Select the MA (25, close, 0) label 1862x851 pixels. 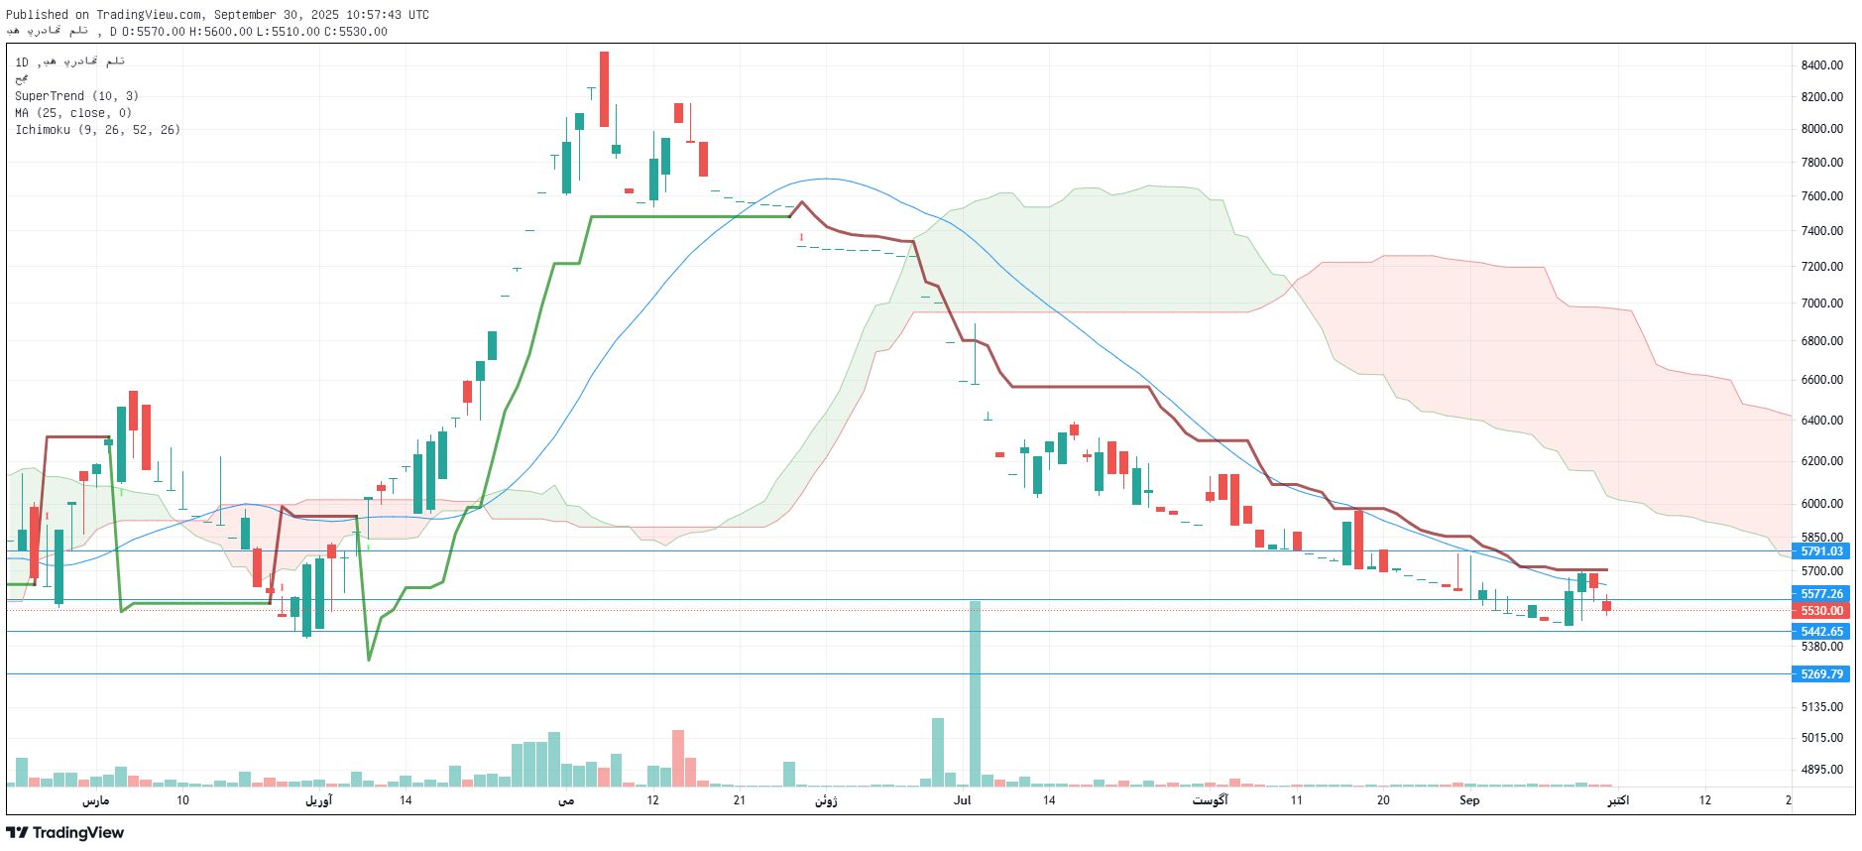click(73, 113)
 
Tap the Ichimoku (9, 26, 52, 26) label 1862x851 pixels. click(97, 130)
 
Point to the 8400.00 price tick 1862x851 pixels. click(1821, 65)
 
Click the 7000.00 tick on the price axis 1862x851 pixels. click(1821, 304)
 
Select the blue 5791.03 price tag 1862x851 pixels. click(1821, 551)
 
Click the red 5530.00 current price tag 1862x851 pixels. click(1821, 611)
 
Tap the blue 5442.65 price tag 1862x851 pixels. click(1821, 632)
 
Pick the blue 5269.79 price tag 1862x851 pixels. click(1821, 674)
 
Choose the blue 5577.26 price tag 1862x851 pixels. click(1821, 594)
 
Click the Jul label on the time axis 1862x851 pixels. click(962, 800)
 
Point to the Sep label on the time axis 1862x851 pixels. click(1468, 800)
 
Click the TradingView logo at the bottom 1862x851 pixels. click(65, 833)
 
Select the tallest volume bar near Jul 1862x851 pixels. click(975, 694)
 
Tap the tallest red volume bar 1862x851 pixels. click(678, 759)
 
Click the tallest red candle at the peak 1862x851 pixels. click(604, 89)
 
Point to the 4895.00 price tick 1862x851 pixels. click(1821, 770)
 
